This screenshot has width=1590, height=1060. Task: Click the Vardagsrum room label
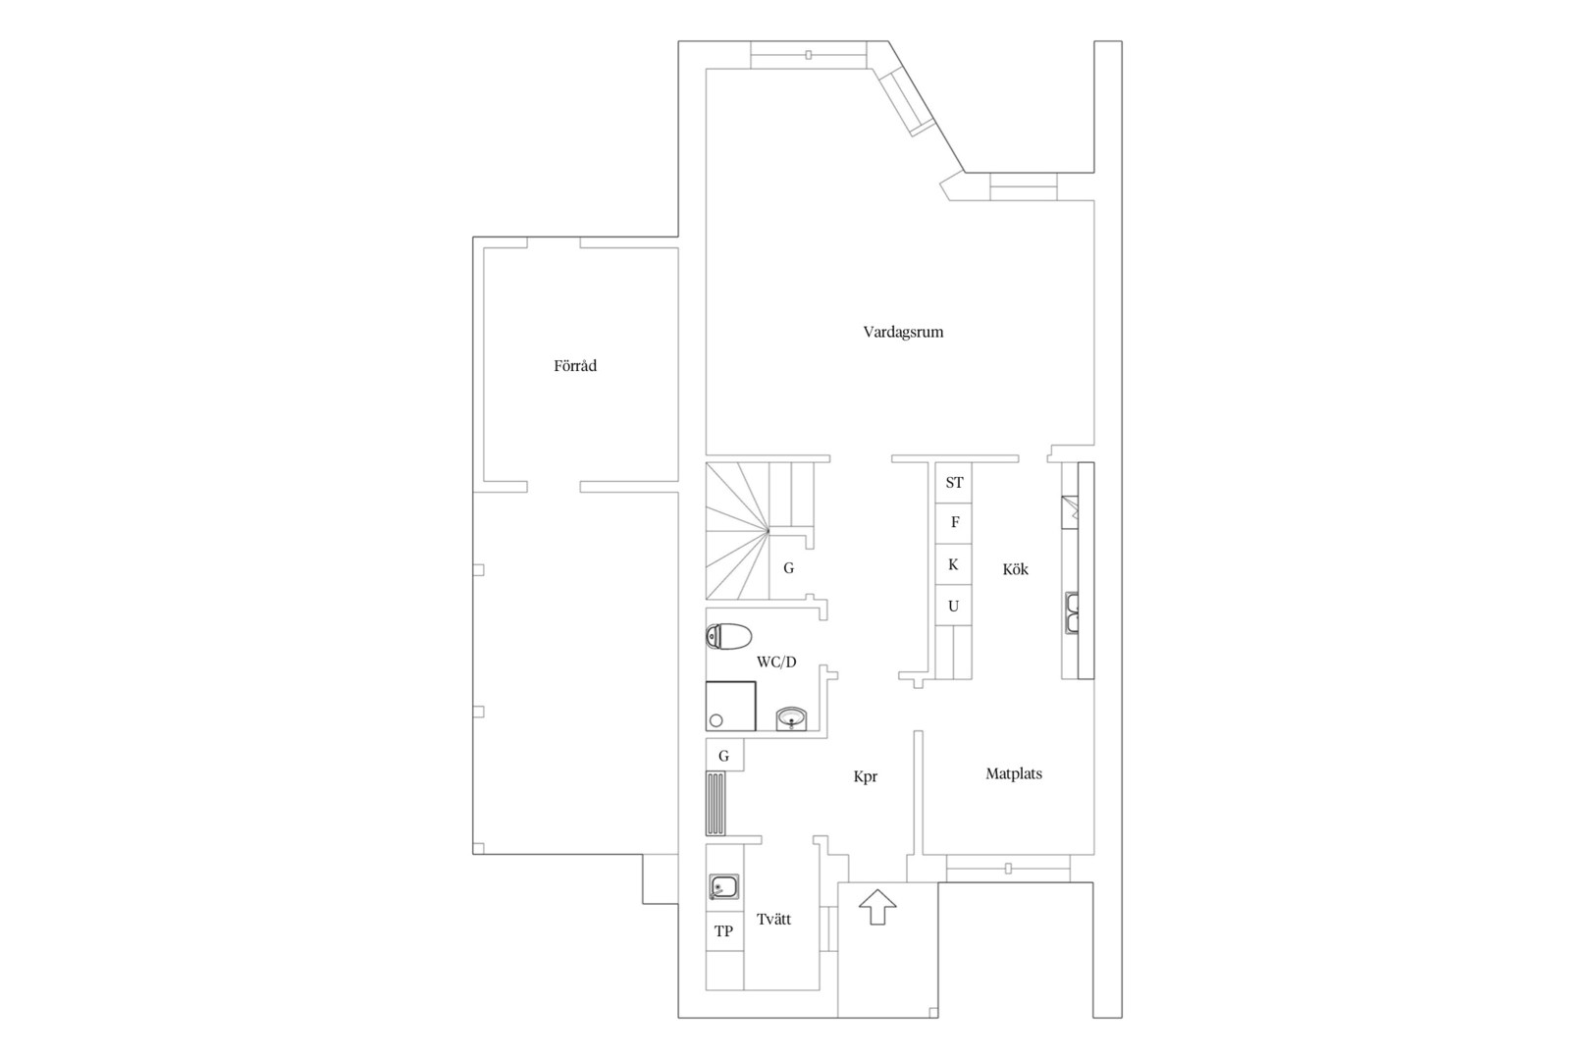tap(903, 333)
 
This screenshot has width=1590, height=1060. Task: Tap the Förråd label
tap(575, 366)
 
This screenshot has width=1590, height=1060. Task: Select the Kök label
tap(1015, 568)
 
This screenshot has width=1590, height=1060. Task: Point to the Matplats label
tap(1014, 773)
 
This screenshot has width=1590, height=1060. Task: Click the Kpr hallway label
tap(866, 776)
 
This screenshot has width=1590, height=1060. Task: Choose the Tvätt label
tap(773, 919)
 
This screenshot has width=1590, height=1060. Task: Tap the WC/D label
tap(776, 662)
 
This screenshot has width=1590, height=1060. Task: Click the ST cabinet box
tap(953, 483)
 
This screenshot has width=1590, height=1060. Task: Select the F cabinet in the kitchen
tap(953, 523)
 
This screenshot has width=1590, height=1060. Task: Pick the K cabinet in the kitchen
tap(953, 564)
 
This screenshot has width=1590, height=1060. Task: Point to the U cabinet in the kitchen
tap(953, 606)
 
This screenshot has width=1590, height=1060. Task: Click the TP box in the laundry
tap(724, 930)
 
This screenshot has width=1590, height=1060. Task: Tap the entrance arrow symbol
tap(877, 907)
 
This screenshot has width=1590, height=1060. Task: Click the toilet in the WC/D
tap(728, 636)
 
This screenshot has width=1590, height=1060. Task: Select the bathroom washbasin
tap(791, 717)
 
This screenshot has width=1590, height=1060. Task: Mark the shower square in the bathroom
tap(730, 706)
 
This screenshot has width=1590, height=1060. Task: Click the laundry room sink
tap(724, 886)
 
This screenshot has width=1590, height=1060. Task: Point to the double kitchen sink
tap(1071, 612)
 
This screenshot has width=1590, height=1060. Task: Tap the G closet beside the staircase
tap(789, 568)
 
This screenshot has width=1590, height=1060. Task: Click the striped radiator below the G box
tap(715, 804)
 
